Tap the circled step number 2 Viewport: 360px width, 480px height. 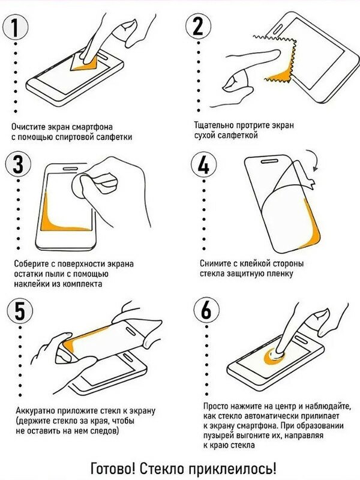pos(199,26)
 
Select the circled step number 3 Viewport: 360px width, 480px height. pos(18,164)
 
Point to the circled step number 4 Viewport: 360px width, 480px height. pos(204,164)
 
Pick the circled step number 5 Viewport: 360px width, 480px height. pos(20,311)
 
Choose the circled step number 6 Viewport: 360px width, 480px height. pos(206,310)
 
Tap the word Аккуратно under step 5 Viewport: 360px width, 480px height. pos(35,411)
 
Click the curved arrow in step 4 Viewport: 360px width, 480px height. pos(313,158)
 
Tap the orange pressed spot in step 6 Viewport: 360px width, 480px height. pos(274,356)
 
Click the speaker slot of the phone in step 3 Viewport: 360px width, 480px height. pos(71,169)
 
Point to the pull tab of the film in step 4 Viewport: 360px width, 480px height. pos(310,184)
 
